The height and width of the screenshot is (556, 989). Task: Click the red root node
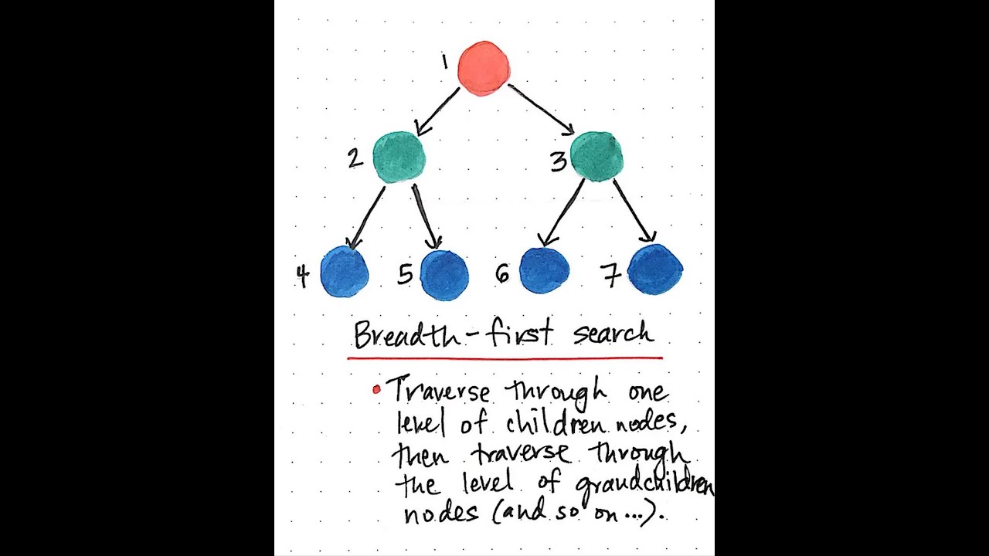[x=484, y=68]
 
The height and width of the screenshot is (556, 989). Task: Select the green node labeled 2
[x=399, y=157]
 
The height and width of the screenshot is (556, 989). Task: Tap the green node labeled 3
[x=597, y=156]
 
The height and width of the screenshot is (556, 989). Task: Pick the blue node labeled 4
[x=344, y=272]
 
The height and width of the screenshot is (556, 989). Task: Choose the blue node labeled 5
[x=444, y=274]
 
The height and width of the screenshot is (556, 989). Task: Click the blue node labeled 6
[x=544, y=271]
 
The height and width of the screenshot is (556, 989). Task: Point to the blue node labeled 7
[x=655, y=270]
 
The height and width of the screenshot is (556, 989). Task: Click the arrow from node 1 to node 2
[x=437, y=111]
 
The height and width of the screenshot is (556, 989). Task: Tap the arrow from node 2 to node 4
[x=368, y=216]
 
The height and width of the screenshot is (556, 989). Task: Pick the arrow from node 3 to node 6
[x=564, y=212]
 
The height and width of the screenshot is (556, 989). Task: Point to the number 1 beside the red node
[x=445, y=62]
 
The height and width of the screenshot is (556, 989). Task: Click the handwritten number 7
[x=611, y=275]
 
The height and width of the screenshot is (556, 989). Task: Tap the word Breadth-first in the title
[x=454, y=334]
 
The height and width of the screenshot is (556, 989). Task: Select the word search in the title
[x=613, y=334]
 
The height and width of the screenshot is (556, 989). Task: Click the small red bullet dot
[x=376, y=390]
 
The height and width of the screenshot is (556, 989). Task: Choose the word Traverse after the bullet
[x=438, y=391]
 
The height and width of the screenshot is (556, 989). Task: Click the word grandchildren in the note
[x=644, y=483]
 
